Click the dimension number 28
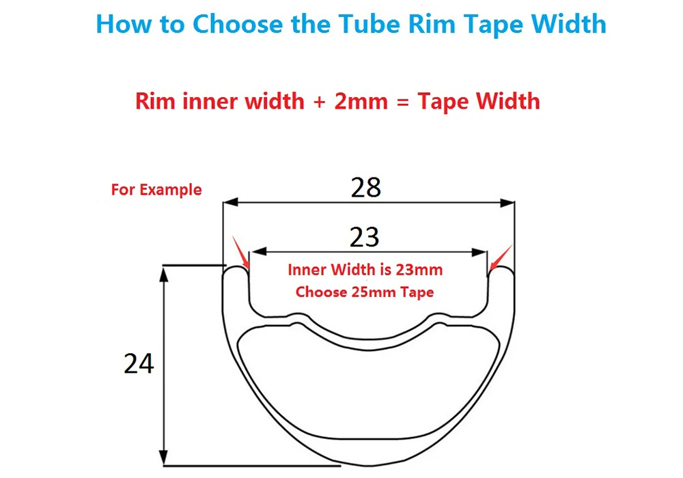point(366,188)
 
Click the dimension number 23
point(365,237)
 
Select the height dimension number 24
point(139,363)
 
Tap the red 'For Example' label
point(156,190)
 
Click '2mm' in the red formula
point(361,101)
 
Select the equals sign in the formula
point(403,102)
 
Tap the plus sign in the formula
point(319,102)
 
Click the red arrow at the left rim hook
point(241,253)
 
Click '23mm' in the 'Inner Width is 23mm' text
point(419,270)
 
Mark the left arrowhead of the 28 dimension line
point(230,202)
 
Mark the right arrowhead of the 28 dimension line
point(507,203)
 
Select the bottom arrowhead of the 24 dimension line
point(163,457)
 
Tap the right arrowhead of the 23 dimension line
point(479,253)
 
